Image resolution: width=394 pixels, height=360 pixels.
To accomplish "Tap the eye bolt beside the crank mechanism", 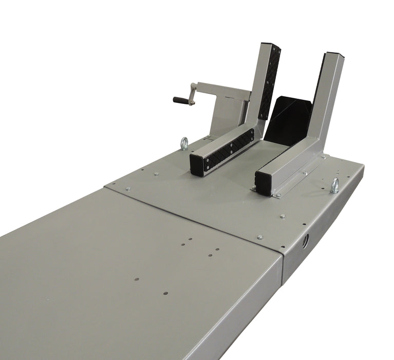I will [x=184, y=143].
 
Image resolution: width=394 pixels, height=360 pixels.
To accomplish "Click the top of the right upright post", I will [x=332, y=56].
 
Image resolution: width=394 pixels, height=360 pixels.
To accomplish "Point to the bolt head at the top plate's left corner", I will [x=128, y=189].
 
